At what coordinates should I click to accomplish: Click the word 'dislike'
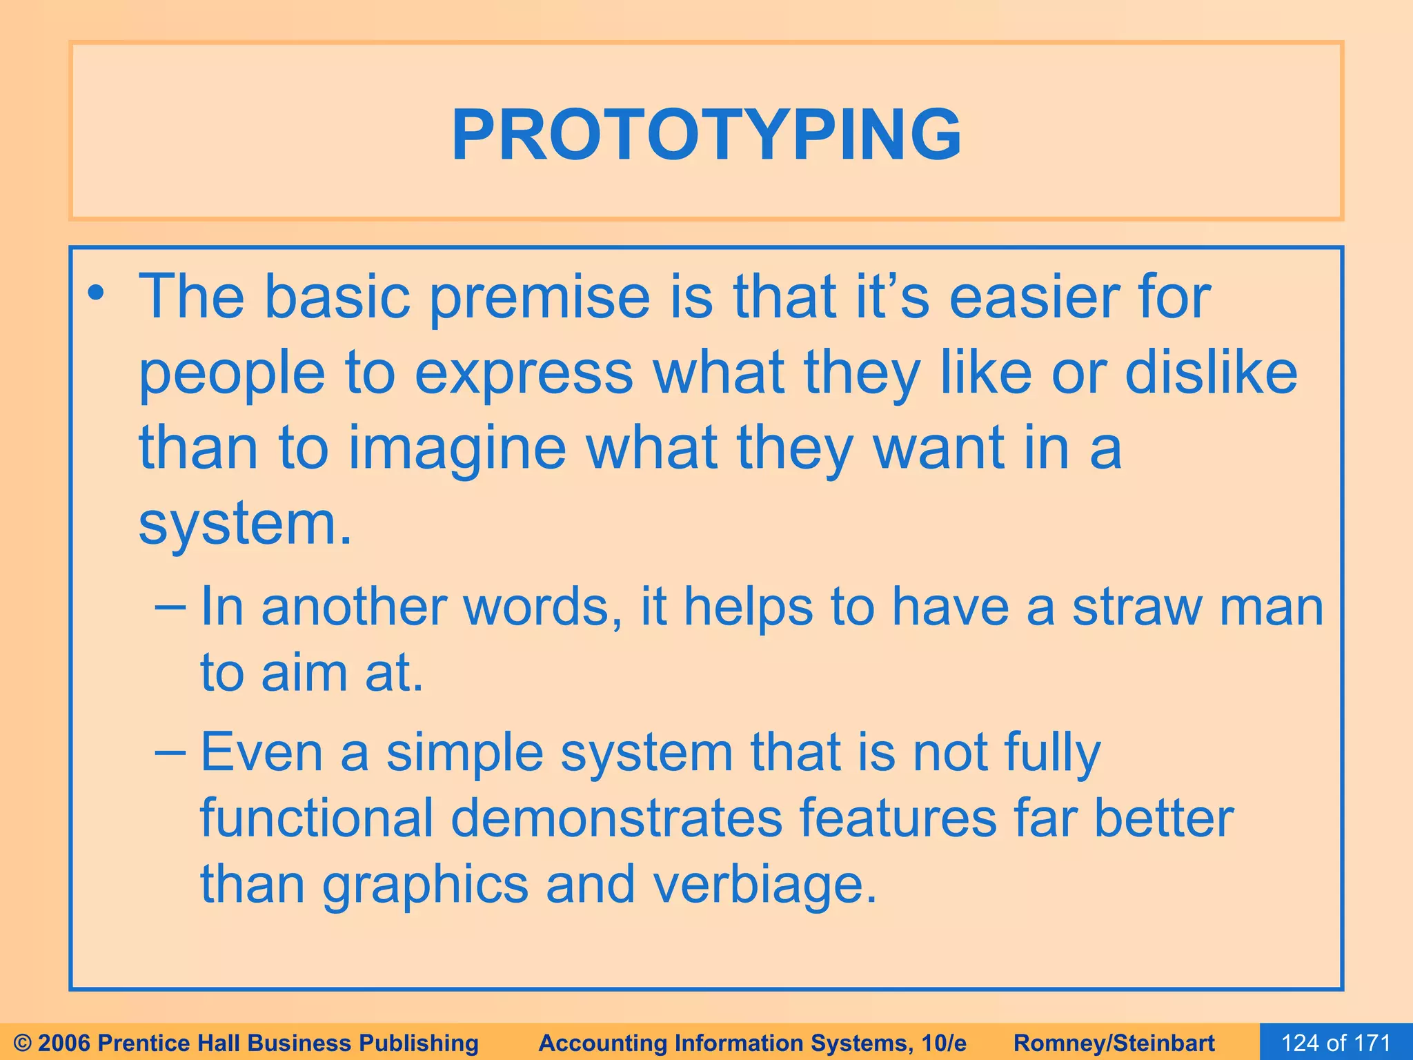[1211, 373]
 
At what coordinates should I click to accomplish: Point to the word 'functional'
[317, 818]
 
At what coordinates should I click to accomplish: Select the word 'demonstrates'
[616, 818]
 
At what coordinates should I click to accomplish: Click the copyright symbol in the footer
[21, 1043]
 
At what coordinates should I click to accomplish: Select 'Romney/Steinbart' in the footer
[1114, 1043]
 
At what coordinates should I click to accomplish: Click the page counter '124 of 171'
[1335, 1043]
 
